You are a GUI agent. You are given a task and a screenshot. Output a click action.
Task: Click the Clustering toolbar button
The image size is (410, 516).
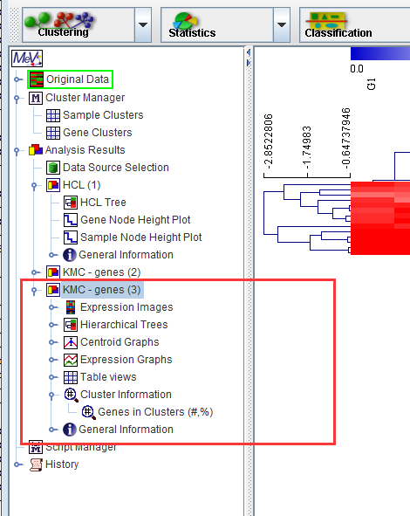[x=79, y=25]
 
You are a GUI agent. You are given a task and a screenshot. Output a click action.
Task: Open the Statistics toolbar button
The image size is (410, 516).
[x=217, y=25]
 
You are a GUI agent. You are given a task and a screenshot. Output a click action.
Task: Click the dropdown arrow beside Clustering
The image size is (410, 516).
[x=143, y=25]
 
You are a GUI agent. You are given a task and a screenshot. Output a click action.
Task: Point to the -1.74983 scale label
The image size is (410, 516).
[x=306, y=147]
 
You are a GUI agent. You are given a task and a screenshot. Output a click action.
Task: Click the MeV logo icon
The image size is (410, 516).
[x=27, y=58]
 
